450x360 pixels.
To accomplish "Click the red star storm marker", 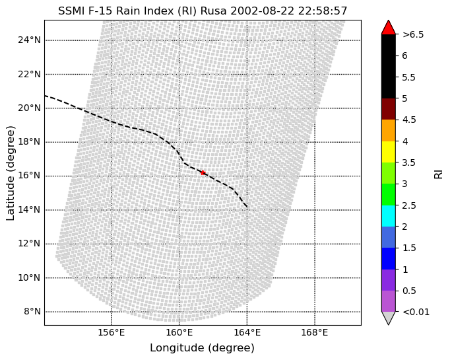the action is pyautogui.click(x=203, y=172).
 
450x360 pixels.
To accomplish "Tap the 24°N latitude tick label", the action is pyautogui.click(x=29, y=40).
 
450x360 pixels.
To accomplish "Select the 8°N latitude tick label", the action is pyautogui.click(x=32, y=311).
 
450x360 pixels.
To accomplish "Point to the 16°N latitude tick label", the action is pyautogui.click(x=29, y=175).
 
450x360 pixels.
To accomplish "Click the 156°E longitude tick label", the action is pyautogui.click(x=112, y=333).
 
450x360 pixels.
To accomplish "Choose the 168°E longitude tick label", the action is pyautogui.click(x=315, y=333).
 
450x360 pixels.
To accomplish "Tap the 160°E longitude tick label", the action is pyautogui.click(x=179, y=333).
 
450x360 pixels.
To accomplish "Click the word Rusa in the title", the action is pyautogui.click(x=213, y=11).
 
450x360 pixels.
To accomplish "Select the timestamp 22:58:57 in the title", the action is pyautogui.click(x=323, y=11).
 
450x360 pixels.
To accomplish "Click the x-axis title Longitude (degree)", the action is pyautogui.click(x=203, y=348).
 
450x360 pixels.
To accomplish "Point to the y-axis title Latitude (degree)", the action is pyautogui.click(x=10, y=173).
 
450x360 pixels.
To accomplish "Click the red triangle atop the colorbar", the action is pyautogui.click(x=389, y=27).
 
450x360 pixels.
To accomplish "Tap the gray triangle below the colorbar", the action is pyautogui.click(x=389, y=318).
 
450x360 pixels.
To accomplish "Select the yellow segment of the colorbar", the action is pyautogui.click(x=389, y=152).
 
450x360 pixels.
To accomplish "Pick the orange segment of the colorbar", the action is pyautogui.click(x=389, y=130).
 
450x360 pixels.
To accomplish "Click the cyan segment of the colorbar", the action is pyautogui.click(x=389, y=216).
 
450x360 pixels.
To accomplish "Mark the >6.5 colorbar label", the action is pyautogui.click(x=413, y=34).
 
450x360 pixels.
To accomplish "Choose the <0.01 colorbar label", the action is pyautogui.click(x=416, y=312).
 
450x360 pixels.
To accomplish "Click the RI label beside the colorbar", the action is pyautogui.click(x=439, y=174).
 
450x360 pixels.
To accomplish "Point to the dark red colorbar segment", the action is pyautogui.click(x=389, y=109).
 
